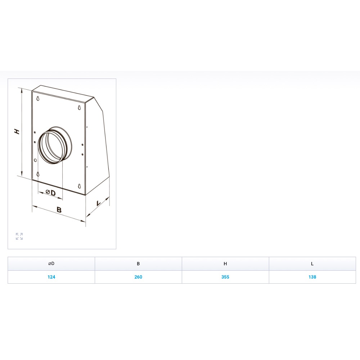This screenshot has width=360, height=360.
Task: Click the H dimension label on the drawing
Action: pyautogui.click(x=17, y=131)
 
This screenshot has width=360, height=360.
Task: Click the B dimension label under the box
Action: pyautogui.click(x=59, y=210)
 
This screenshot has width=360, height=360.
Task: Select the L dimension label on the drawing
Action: pyautogui.click(x=99, y=203)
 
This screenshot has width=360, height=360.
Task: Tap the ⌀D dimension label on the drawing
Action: pyautogui.click(x=50, y=192)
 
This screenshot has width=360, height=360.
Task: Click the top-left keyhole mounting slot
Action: pyautogui.click(x=38, y=98)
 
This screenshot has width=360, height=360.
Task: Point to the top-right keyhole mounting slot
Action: pyautogui.click(x=80, y=107)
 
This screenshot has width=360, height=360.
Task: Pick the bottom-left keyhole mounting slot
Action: pyautogui.click(x=38, y=174)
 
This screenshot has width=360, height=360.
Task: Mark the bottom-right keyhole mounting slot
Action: pyautogui.click(x=80, y=186)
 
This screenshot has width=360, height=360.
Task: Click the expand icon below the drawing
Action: pyautogui.click(x=19, y=236)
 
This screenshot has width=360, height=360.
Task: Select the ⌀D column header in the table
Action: pyautogui.click(x=51, y=264)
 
